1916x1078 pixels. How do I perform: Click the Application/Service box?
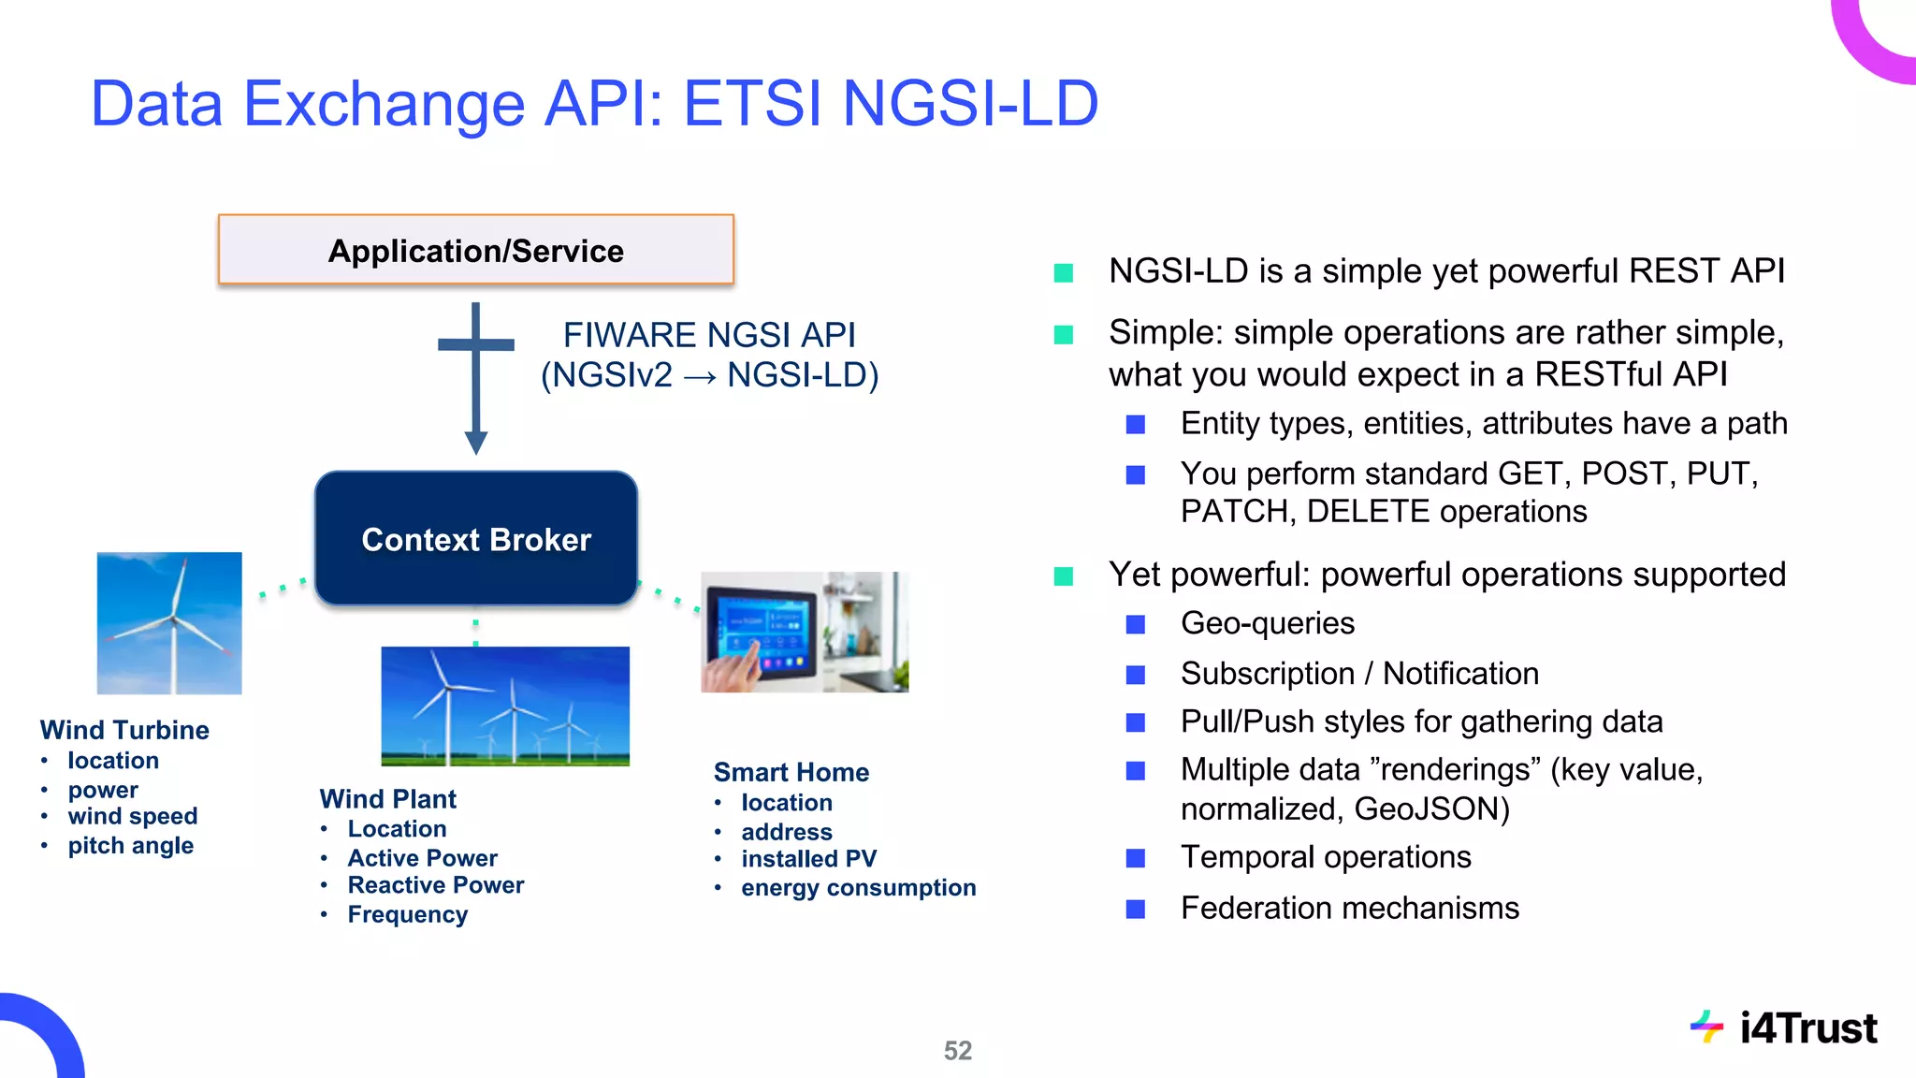tap(475, 250)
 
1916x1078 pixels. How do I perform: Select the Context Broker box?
tap(475, 539)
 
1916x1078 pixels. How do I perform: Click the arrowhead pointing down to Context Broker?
tap(475, 442)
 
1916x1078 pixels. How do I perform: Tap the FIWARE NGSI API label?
tap(709, 335)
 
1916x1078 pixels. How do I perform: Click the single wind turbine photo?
tap(169, 623)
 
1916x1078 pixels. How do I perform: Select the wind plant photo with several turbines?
tap(505, 707)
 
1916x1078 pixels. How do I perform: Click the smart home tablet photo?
tap(805, 632)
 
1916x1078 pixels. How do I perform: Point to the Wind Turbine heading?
tap(124, 730)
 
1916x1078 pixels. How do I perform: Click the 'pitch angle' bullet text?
tap(130, 846)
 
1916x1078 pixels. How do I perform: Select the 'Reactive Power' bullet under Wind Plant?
tap(435, 885)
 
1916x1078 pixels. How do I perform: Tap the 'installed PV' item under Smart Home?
tap(808, 859)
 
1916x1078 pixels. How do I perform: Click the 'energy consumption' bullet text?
tap(858, 888)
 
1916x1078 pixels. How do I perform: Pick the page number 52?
tap(957, 1051)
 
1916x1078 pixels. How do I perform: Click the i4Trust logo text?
tap(1807, 1028)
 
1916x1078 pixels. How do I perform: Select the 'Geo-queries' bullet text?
tap(1267, 623)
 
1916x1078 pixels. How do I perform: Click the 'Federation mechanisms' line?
tap(1349, 908)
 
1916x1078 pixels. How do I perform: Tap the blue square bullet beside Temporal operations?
tap(1136, 858)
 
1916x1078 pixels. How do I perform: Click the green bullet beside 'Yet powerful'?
tap(1064, 575)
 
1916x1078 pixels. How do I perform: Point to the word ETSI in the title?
tap(752, 103)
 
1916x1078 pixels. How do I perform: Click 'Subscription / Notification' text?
tap(1359, 674)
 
